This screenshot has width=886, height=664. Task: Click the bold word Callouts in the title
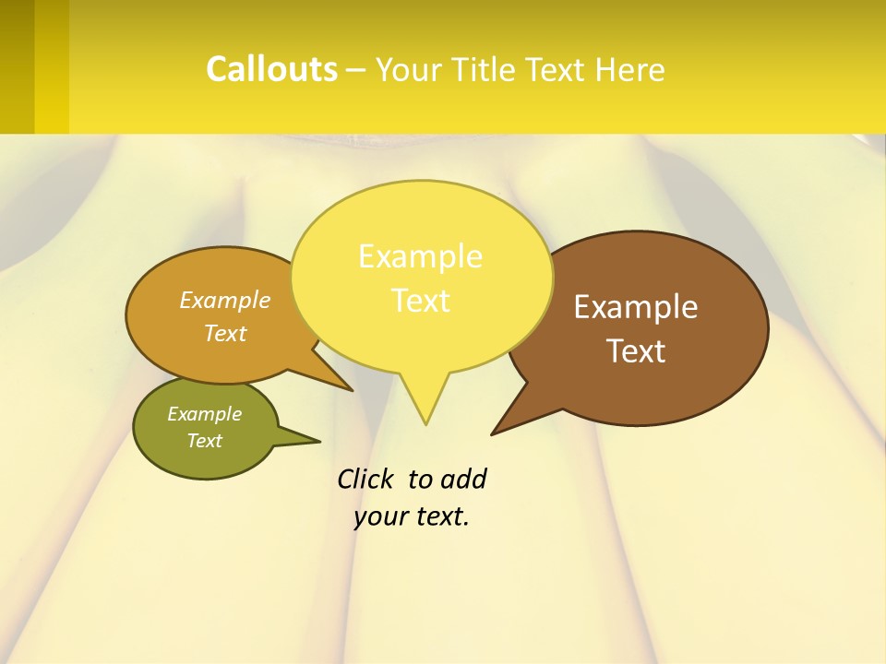coord(271,69)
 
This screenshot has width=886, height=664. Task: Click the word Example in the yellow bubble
coord(420,256)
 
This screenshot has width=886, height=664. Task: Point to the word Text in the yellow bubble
coord(421,301)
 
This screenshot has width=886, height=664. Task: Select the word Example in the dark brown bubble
coord(636,307)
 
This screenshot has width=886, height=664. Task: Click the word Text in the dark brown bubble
coord(636,351)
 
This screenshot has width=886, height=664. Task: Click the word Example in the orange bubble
coord(225,300)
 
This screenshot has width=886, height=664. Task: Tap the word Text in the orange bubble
coord(225,333)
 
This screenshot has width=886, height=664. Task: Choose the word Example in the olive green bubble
coord(204,414)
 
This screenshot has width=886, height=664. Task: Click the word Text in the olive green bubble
coord(204,441)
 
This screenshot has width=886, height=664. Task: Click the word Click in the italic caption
coord(365,479)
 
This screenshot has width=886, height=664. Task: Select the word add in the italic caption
coord(462,479)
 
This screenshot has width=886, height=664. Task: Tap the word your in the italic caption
coord(378,516)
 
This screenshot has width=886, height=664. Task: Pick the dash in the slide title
coord(355,70)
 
